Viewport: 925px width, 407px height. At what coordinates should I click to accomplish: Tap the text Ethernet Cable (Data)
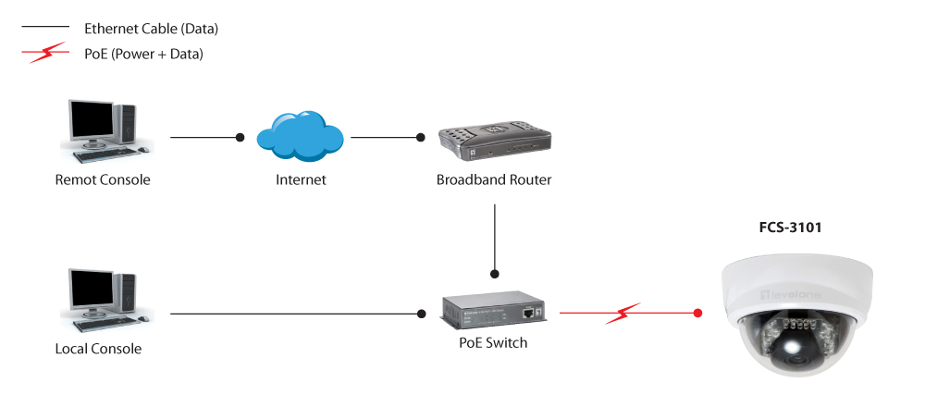(151, 29)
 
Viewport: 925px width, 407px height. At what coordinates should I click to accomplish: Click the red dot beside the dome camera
(698, 314)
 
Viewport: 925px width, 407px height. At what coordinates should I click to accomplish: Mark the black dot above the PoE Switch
(495, 274)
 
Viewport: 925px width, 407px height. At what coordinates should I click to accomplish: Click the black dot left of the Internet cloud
(240, 137)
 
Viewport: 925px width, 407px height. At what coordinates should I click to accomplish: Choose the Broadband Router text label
(494, 180)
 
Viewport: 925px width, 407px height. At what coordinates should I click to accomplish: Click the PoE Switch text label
(493, 343)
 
